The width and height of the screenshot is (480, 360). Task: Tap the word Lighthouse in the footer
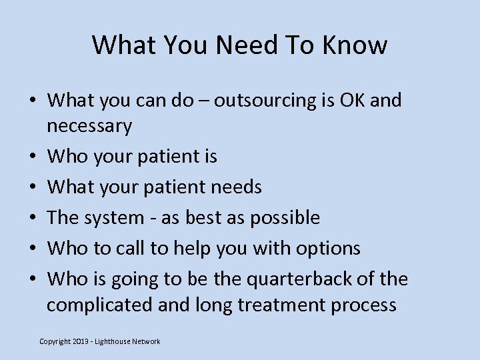click(115, 341)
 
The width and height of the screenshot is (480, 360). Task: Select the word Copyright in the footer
click(56, 341)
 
